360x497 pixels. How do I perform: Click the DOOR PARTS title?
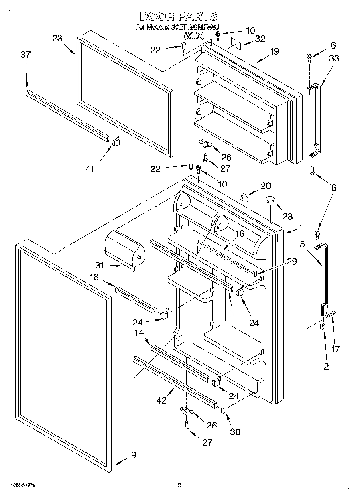click(x=179, y=16)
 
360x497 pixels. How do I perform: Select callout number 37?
click(x=25, y=55)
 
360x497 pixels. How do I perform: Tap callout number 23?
click(x=57, y=39)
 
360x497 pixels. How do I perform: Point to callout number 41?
click(x=90, y=169)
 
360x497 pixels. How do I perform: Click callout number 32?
click(x=260, y=39)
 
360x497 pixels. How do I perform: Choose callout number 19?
click(x=274, y=51)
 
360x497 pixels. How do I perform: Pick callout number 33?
click(x=334, y=59)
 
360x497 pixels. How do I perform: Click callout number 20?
click(x=266, y=186)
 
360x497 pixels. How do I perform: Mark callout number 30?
click(x=235, y=432)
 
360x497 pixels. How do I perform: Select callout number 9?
click(x=133, y=455)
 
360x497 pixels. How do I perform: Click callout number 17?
click(x=335, y=349)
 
